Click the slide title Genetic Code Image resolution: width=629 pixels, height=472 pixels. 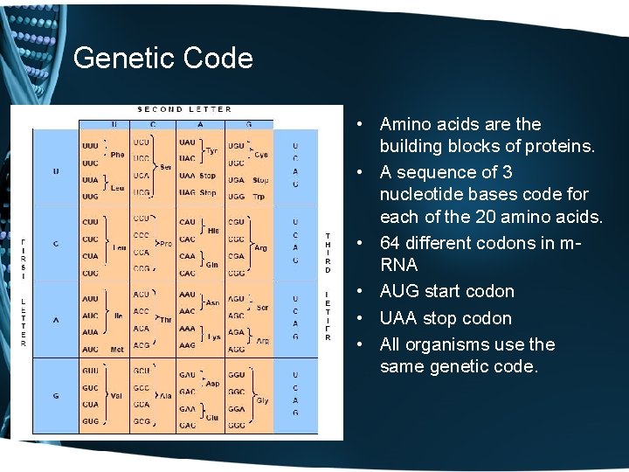[163, 59]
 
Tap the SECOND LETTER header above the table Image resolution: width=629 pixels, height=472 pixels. [184, 109]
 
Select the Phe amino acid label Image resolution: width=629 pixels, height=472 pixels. [117, 154]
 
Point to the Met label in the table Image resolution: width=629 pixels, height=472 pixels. [117, 350]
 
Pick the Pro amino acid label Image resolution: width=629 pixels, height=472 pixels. [165, 243]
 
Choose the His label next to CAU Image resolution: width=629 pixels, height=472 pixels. [212, 230]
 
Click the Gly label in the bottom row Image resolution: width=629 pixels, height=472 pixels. [261, 400]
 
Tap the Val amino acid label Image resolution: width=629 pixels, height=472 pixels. [117, 395]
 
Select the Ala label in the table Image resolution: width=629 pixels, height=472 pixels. [165, 396]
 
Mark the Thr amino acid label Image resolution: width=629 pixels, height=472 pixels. [165, 320]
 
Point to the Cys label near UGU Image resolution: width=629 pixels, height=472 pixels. [261, 154]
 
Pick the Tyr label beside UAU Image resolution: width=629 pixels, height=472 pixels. [212, 150]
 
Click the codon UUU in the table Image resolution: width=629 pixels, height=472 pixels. [90, 144]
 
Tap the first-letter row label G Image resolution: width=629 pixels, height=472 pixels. [56, 396]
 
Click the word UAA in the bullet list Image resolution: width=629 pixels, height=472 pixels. [399, 318]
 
